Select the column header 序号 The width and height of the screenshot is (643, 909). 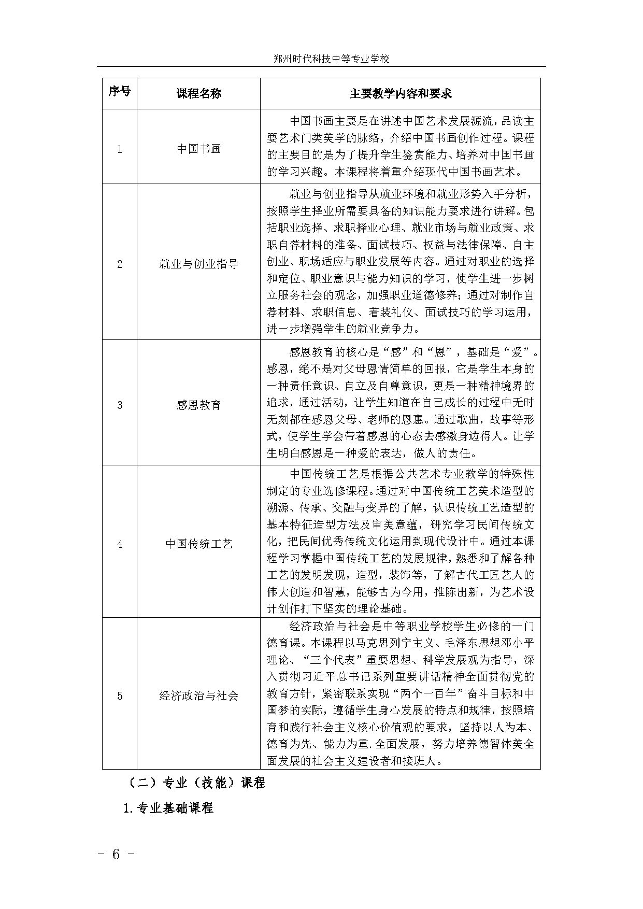pos(120,92)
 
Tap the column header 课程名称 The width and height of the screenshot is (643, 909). pos(199,93)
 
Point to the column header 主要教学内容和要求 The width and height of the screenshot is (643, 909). pos(400,93)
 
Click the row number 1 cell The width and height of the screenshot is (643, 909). pos(120,149)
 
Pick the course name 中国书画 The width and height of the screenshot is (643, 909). pos(199,149)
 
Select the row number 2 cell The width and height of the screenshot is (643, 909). pos(120,264)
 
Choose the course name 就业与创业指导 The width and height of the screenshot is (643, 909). pos(199,264)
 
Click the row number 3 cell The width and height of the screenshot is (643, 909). pos(120,405)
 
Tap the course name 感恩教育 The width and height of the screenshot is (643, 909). pos(199,405)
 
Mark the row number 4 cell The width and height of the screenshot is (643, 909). pos(120,544)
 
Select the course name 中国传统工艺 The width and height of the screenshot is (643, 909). pos(199,544)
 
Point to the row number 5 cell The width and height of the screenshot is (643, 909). pos(120,695)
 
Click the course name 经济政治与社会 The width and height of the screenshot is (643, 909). pos(199,695)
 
